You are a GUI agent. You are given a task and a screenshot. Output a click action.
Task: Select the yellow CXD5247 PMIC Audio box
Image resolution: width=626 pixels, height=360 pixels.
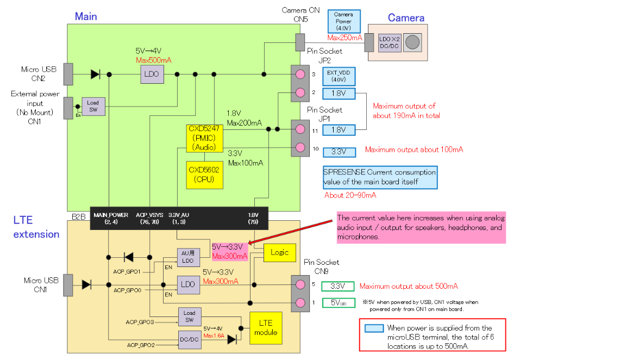[x=203, y=138]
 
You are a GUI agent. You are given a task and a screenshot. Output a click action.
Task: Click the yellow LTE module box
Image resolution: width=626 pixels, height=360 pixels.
[x=266, y=328]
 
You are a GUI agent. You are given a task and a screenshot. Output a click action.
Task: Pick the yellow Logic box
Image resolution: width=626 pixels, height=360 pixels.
[x=279, y=253]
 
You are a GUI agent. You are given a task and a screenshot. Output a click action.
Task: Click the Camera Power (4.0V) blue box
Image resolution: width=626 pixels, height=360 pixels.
[x=343, y=21]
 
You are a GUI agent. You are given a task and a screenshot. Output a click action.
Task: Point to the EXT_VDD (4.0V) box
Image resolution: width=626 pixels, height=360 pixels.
[x=339, y=76]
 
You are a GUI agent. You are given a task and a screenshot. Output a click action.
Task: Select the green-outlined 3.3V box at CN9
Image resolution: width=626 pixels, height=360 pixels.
[x=337, y=286]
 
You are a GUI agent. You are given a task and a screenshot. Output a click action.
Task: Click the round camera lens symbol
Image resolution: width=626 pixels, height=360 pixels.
[x=413, y=42]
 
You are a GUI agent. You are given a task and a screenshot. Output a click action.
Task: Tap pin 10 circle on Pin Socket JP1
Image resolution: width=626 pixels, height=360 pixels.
[x=299, y=147]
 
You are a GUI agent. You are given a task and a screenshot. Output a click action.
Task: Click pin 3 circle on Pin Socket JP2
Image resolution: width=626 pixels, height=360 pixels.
[x=299, y=74]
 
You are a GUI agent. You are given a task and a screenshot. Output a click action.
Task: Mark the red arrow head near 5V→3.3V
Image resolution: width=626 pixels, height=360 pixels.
[x=251, y=243]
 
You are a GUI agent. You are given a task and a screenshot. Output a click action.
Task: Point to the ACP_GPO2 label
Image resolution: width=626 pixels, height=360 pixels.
[x=141, y=345]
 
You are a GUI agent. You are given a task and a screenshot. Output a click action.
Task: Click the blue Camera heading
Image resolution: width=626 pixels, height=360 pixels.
[x=406, y=18]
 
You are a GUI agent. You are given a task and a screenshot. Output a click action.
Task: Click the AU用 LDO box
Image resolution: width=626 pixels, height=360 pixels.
[x=187, y=257]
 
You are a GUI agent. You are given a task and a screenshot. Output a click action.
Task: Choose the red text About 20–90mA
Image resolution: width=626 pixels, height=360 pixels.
[x=350, y=195]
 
